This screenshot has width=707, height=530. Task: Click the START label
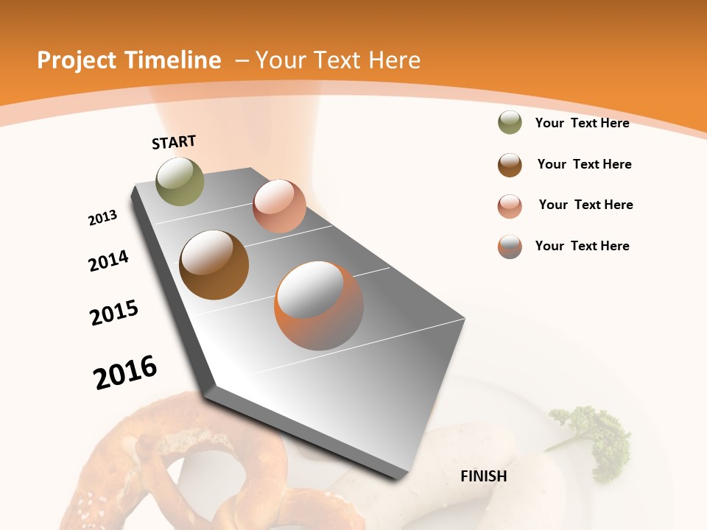point(174,142)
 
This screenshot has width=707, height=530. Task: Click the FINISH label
point(483,476)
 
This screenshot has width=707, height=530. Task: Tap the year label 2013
point(102,218)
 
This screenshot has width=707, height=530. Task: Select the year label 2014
point(108,261)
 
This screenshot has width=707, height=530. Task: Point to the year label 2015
point(114,313)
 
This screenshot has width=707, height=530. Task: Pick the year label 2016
point(125,372)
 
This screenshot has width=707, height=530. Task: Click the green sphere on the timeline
point(180,181)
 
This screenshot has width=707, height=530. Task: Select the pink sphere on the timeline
point(279,206)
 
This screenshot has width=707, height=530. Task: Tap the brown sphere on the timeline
point(214,265)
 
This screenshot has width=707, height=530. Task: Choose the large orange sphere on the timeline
point(319,305)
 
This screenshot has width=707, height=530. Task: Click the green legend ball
point(510,123)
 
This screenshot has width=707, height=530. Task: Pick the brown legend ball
point(510,165)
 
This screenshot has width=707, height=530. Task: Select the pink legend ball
point(510,206)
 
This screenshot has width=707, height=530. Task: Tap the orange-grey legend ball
point(510,247)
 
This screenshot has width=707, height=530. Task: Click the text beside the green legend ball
point(582,123)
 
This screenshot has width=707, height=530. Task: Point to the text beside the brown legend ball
point(584,164)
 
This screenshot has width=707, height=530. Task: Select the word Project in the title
point(77,60)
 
